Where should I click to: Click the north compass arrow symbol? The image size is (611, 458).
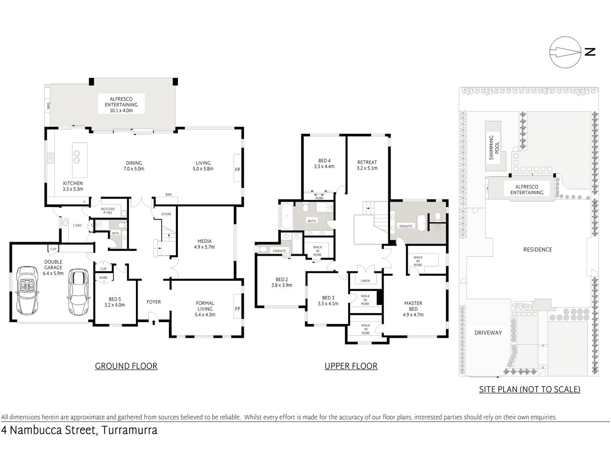(x=565, y=52)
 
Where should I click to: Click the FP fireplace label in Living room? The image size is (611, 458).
(x=237, y=169)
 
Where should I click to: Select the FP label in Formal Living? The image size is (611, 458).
(x=237, y=309)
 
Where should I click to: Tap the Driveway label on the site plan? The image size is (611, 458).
(x=487, y=333)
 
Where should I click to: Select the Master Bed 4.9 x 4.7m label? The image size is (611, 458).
(x=413, y=309)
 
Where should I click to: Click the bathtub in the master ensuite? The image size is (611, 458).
(x=422, y=223)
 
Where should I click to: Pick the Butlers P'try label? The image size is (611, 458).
(x=107, y=210)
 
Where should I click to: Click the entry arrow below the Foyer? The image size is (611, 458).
(x=154, y=323)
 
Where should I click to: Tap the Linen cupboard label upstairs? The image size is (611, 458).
(x=365, y=281)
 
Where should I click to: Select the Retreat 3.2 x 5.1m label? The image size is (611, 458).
(x=367, y=165)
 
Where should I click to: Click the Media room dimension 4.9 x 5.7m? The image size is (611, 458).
(x=204, y=247)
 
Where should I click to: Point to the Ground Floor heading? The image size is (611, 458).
(x=126, y=366)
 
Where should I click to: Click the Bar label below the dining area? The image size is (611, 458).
(x=168, y=195)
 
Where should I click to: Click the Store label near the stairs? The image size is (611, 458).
(x=166, y=214)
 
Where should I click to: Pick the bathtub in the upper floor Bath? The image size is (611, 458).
(x=287, y=216)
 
